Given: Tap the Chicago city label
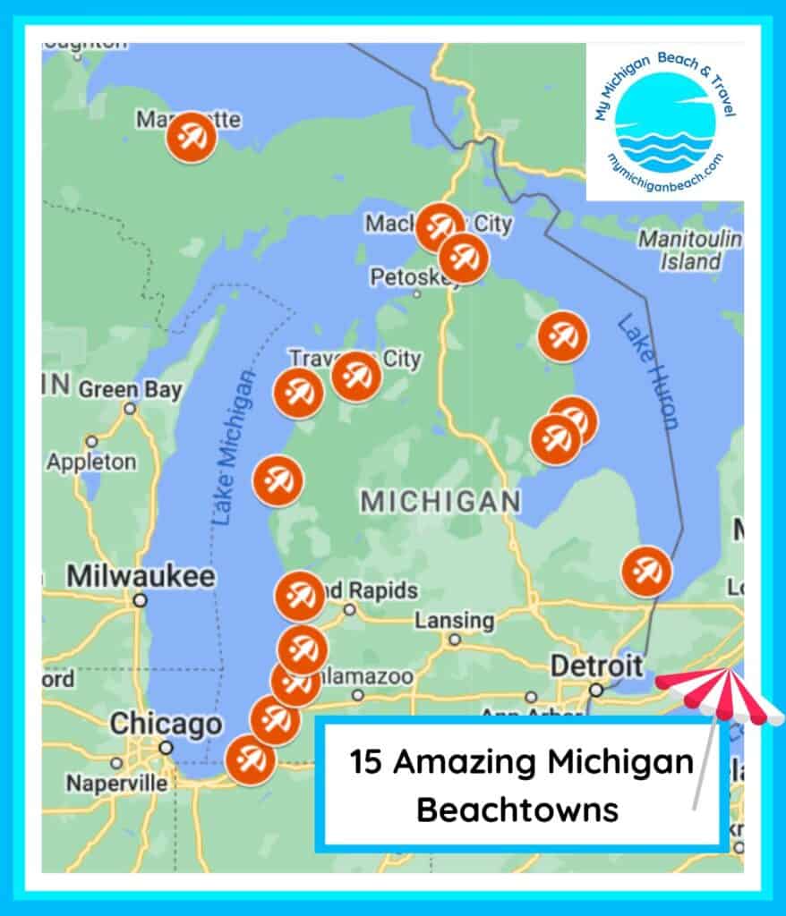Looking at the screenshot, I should point(165,724).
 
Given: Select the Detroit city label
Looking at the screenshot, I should point(595,666).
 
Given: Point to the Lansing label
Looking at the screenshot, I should point(454,620).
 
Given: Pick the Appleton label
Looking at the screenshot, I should point(91,462).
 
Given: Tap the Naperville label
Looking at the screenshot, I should point(116,784).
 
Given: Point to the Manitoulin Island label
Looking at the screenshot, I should point(689,250).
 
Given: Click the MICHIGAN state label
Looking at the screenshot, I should point(440,502).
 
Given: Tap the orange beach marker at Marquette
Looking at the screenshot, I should point(191,138).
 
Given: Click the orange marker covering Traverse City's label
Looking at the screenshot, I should point(356,377).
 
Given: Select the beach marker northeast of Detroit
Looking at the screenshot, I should point(646,571).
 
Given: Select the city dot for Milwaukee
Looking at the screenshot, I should point(140,600).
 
